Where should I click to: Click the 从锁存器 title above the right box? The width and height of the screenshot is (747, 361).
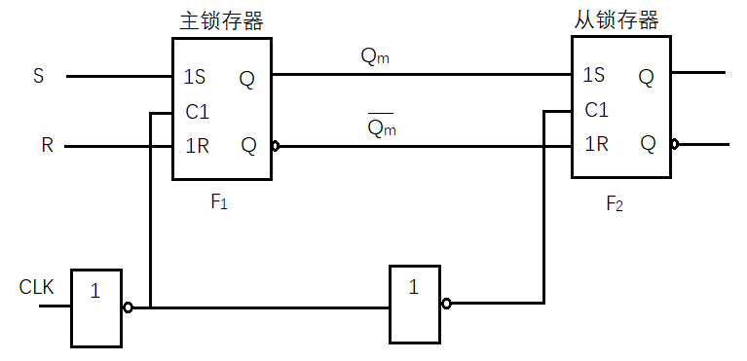click(617, 19)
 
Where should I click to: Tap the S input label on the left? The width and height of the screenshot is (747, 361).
click(39, 76)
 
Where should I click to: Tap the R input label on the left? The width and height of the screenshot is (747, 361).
click(47, 147)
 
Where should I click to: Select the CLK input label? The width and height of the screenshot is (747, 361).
click(37, 287)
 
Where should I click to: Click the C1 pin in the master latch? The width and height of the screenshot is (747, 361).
click(197, 112)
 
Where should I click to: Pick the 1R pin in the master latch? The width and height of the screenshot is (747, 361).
click(196, 146)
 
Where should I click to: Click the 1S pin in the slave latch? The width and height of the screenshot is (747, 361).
click(594, 76)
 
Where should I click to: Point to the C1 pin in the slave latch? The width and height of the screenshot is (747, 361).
click(596, 110)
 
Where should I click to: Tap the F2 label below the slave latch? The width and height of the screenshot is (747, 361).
click(615, 203)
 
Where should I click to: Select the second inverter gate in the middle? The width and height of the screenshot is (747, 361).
click(415, 303)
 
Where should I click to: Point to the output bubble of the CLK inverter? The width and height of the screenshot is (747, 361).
click(128, 307)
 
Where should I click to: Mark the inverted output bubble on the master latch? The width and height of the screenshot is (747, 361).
click(277, 147)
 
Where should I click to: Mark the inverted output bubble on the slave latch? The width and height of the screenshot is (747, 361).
click(675, 144)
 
